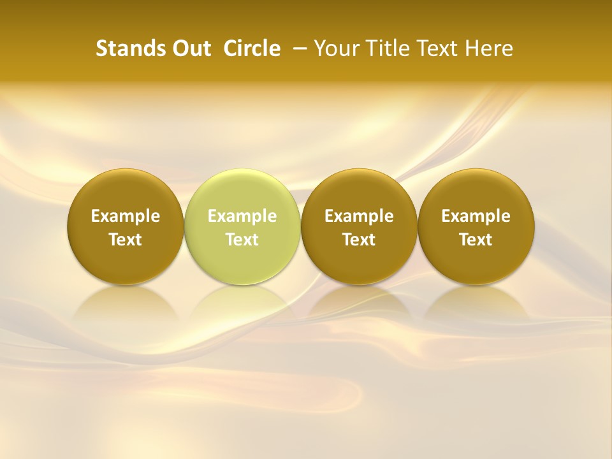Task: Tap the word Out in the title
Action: click(x=190, y=48)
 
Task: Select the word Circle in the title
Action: click(x=252, y=48)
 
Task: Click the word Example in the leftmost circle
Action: click(x=126, y=216)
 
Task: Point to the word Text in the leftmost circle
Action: click(x=126, y=240)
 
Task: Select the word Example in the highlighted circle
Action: click(x=242, y=216)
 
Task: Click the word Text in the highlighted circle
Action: click(x=242, y=240)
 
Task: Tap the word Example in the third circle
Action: click(x=359, y=216)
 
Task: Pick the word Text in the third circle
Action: click(x=359, y=240)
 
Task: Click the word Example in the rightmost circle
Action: click(x=476, y=216)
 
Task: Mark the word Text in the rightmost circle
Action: click(x=476, y=240)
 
